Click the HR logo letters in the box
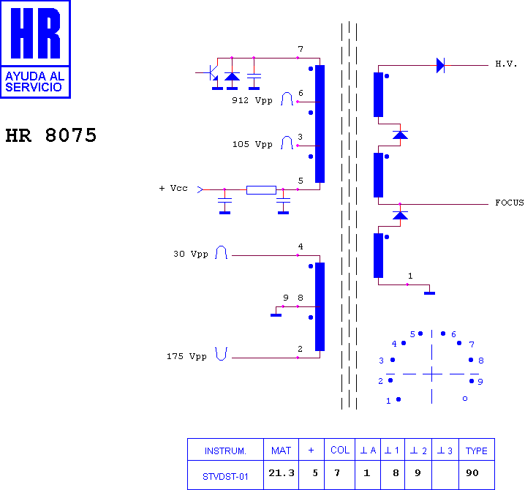click(x=36, y=33)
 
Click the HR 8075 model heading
click(x=51, y=135)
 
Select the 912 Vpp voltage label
click(x=252, y=100)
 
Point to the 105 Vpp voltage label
click(x=252, y=144)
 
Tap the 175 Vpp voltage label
click(x=186, y=356)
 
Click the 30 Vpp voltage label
click(x=191, y=255)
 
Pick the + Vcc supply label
click(x=173, y=188)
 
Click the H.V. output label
click(x=506, y=64)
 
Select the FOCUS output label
click(x=509, y=203)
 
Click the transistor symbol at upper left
click(x=211, y=73)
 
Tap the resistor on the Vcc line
click(x=261, y=190)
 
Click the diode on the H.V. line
click(x=440, y=65)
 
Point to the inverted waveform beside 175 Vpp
click(x=221, y=354)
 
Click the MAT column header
click(x=281, y=451)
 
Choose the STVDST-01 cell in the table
click(x=225, y=476)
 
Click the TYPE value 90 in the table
click(x=472, y=473)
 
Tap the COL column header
click(x=340, y=451)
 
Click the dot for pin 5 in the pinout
click(x=420, y=333)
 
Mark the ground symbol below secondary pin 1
click(x=429, y=293)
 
